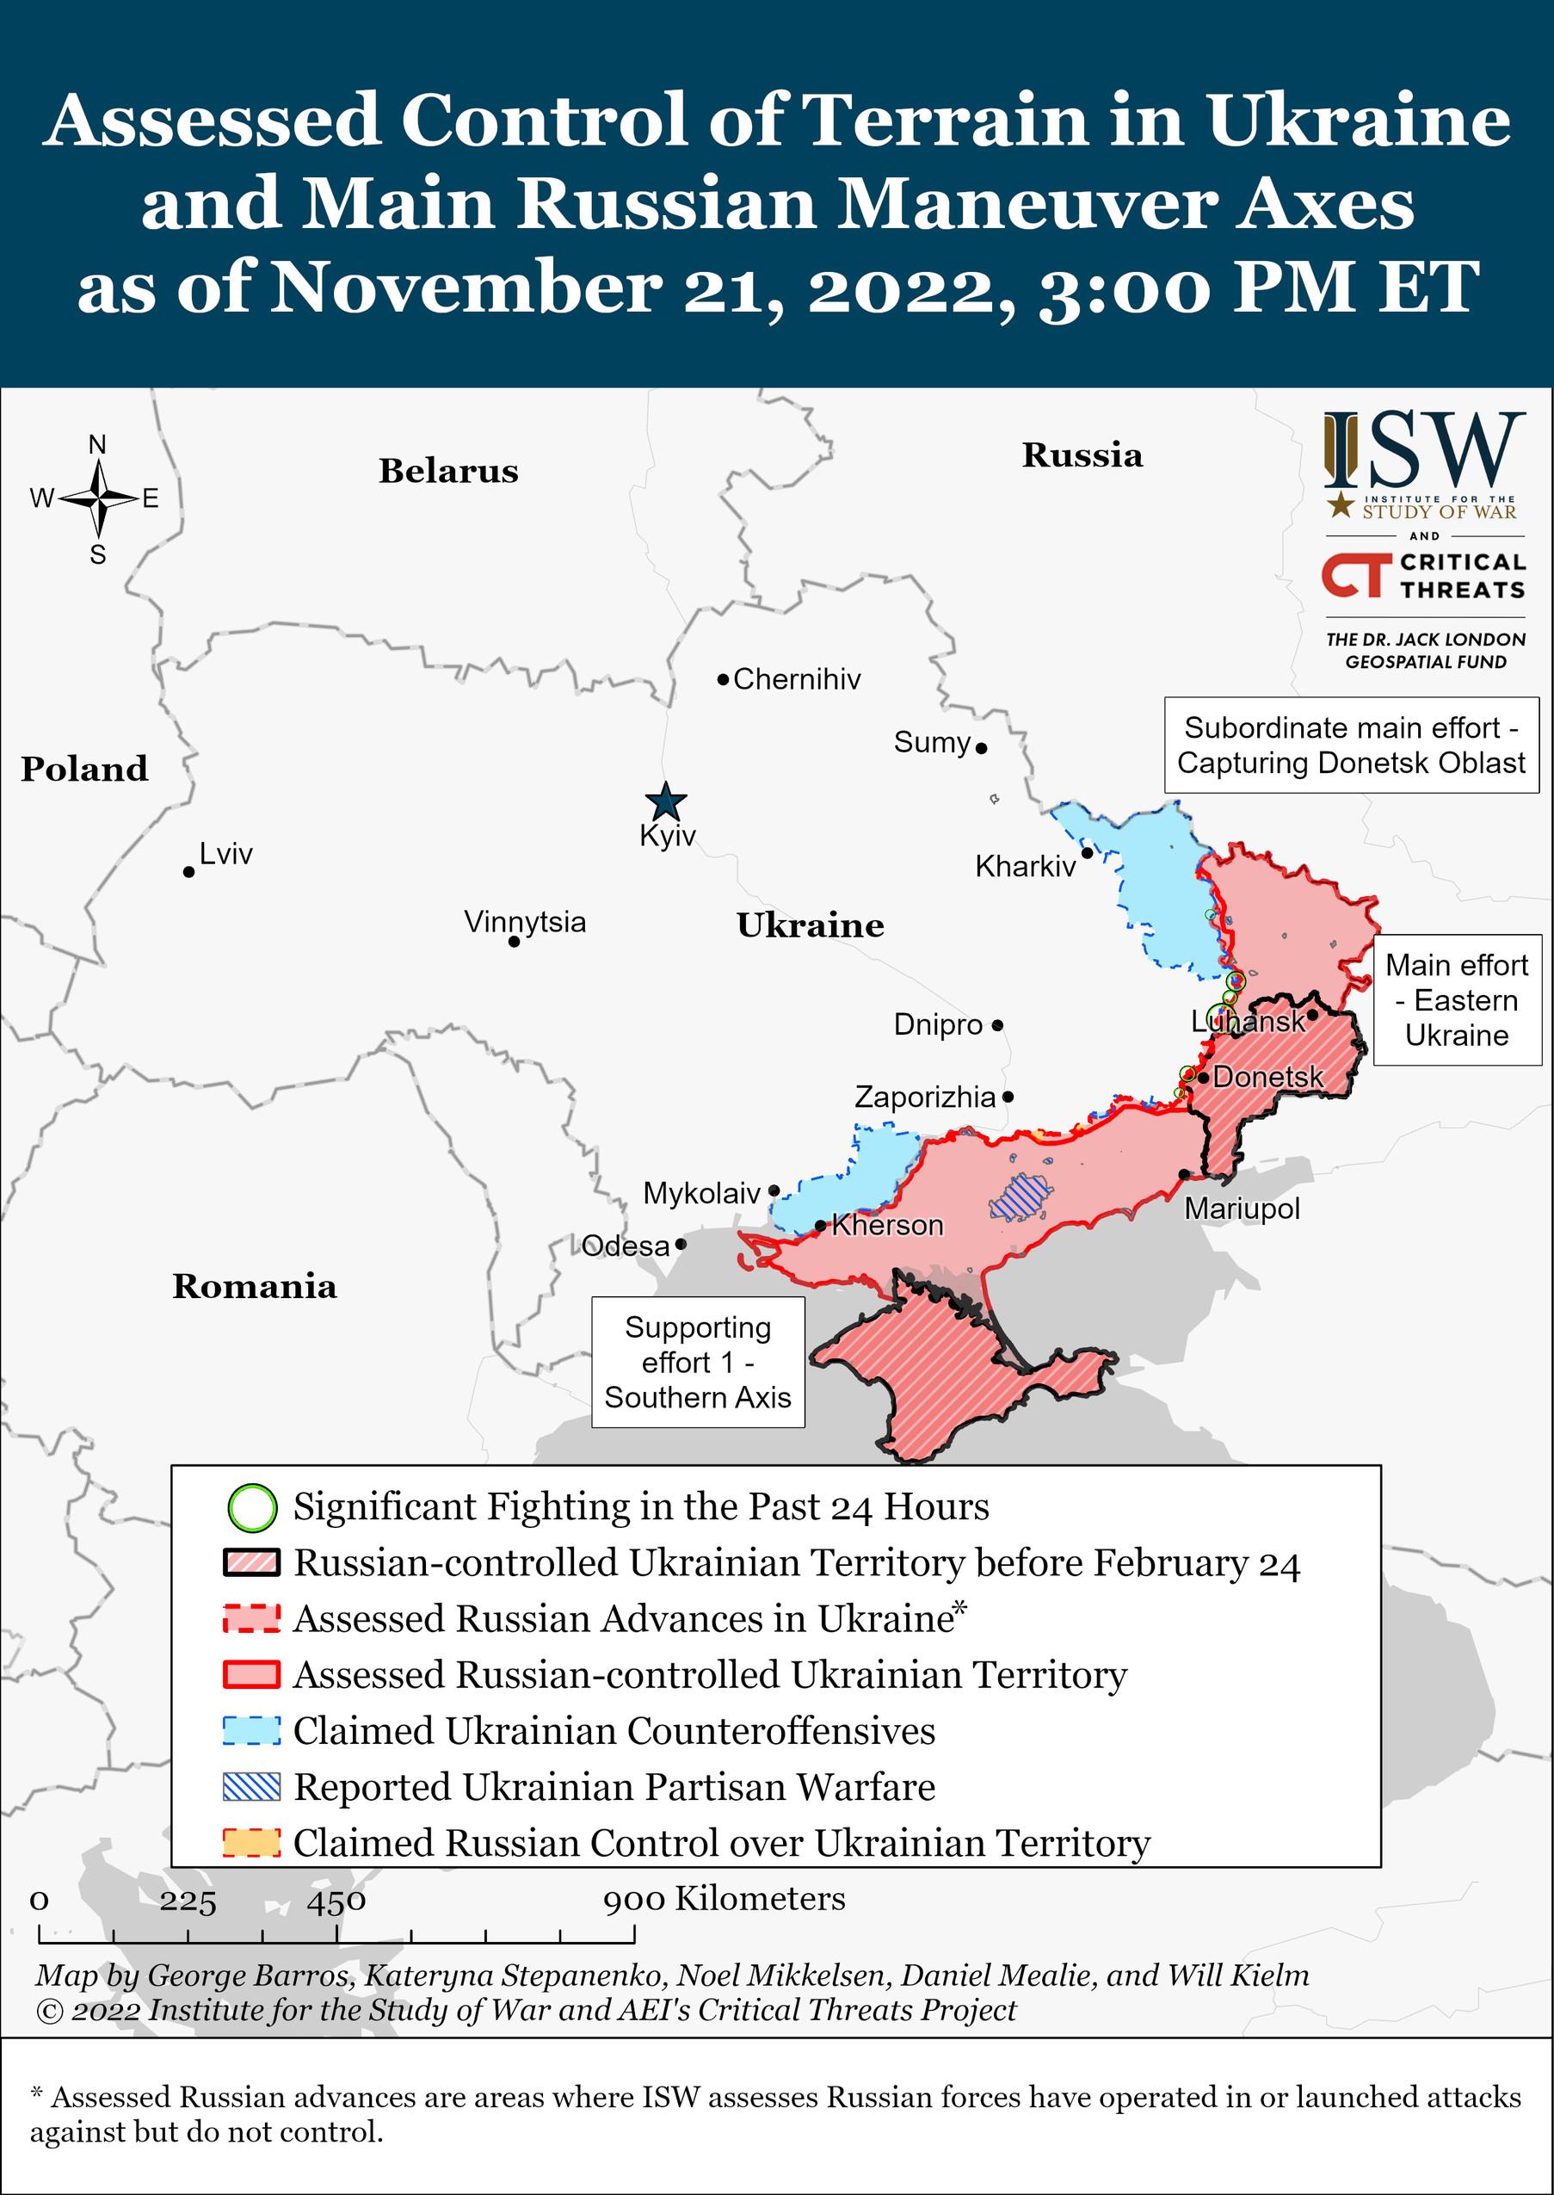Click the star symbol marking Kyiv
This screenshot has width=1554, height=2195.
tap(665, 801)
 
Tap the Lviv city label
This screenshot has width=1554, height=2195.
tap(225, 853)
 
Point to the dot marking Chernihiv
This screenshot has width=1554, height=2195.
tap(724, 680)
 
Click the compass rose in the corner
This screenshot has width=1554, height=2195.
tap(99, 498)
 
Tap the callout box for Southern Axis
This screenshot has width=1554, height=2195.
tap(698, 1361)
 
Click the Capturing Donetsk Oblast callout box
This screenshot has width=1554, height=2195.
tap(1350, 745)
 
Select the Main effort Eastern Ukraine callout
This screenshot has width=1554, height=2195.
tap(1457, 999)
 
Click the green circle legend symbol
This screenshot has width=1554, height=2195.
tap(251, 1506)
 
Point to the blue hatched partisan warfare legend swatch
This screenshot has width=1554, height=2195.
tap(251, 1786)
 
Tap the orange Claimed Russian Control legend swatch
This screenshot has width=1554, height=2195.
tap(251, 1843)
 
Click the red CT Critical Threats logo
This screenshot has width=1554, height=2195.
tap(1355, 575)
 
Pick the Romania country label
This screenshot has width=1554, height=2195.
tap(255, 1287)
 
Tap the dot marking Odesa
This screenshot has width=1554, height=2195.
tap(681, 1245)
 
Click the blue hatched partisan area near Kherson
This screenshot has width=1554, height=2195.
tap(1021, 1196)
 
